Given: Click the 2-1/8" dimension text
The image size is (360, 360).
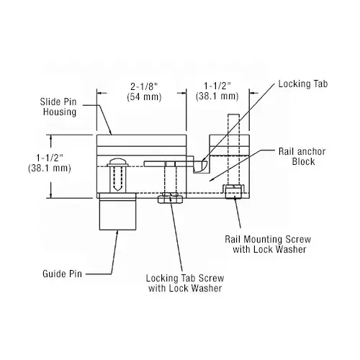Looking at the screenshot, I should tap(141, 85).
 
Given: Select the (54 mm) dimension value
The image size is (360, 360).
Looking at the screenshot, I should tap(141, 96).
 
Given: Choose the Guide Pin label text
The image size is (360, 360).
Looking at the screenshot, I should tap(62, 273).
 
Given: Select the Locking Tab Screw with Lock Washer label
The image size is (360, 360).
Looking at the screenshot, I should tap(183, 282).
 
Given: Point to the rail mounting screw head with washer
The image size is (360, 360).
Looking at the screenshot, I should tap(232, 192).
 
